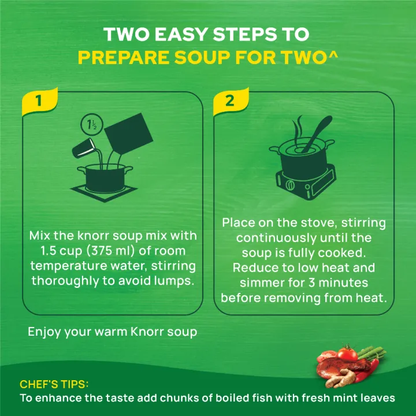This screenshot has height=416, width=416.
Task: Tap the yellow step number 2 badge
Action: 229,101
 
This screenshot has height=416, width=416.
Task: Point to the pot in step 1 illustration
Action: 103,176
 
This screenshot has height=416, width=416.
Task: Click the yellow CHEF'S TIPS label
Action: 54,384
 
